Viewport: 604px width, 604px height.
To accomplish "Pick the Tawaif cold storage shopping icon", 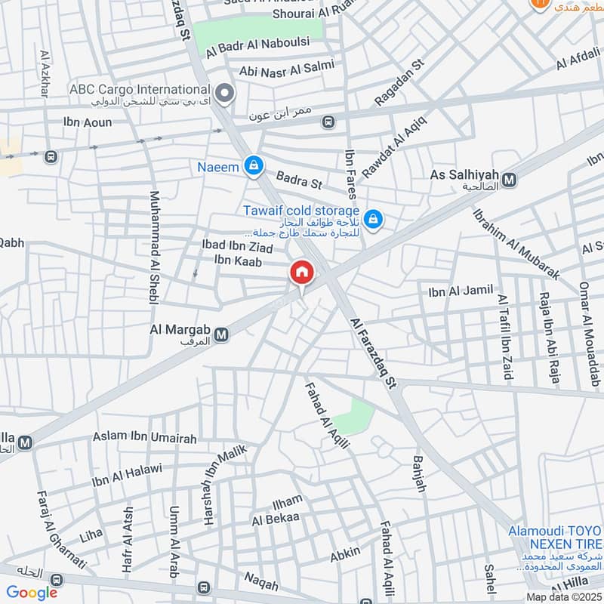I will pos(371,220).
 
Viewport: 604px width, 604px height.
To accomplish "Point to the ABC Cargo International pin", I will pos(223,94).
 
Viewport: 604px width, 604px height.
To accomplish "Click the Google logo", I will pos(32,593).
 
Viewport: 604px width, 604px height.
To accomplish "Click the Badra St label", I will pos(299,183).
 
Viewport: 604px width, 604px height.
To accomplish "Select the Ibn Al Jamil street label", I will pos(460,290).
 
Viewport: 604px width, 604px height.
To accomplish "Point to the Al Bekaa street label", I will pos(276,519).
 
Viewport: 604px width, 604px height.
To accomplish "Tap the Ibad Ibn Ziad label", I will pos(237,246).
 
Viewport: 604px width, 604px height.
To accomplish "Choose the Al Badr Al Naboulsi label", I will pos(257,43).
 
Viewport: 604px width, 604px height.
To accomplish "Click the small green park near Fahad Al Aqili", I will pos(355,415).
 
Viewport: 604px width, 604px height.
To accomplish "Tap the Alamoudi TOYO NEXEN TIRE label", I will pos(555,537).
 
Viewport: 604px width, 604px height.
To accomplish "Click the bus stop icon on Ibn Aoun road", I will pos(328,122).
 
